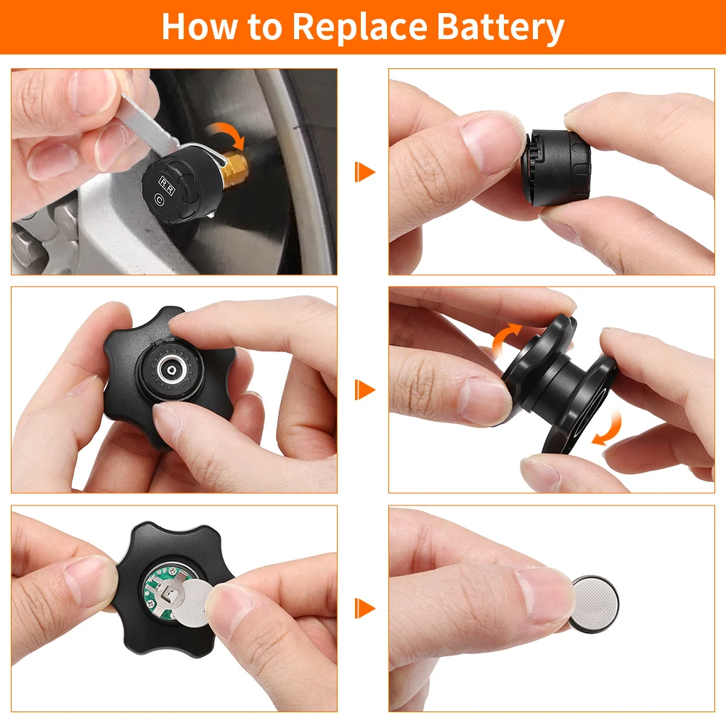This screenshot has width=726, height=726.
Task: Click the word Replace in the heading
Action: pyautogui.click(x=359, y=28)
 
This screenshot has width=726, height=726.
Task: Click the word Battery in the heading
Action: pyautogui.click(x=500, y=28)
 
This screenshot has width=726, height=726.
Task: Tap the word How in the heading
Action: pyautogui.click(x=200, y=26)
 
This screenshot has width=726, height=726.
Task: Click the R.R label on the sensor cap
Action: pyautogui.click(x=167, y=185)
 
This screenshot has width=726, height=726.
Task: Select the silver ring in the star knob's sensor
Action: pyautogui.click(x=173, y=369)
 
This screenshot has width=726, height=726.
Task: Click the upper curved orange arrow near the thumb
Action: pyautogui.click(x=505, y=340)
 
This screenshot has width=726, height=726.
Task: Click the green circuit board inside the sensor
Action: pyautogui.click(x=160, y=590)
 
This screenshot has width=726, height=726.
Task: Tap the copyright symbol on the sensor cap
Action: pyautogui.click(x=160, y=200)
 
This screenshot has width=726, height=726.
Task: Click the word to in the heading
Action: pyautogui.click(x=265, y=28)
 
